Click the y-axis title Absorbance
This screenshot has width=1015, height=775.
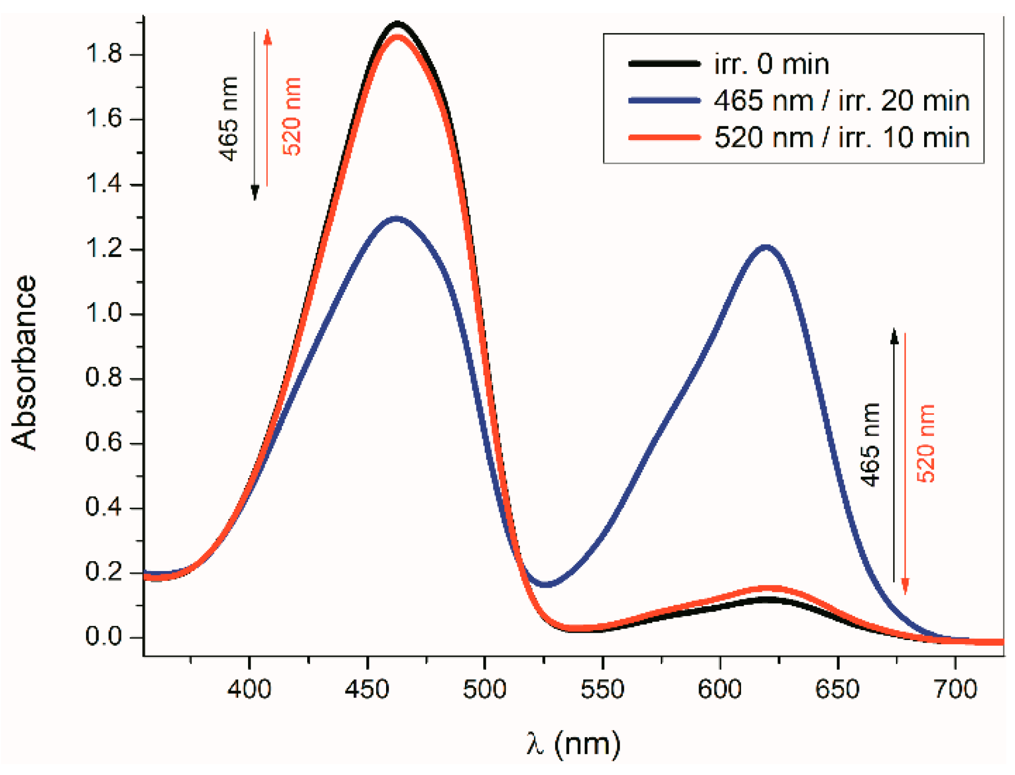coord(24,362)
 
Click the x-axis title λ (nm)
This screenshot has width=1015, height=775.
coord(573,743)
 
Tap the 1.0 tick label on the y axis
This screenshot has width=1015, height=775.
coord(103,313)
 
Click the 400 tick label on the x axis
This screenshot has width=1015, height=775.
coord(250,689)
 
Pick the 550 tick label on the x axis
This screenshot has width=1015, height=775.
coord(602,689)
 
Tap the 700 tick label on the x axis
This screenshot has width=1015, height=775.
coord(955,689)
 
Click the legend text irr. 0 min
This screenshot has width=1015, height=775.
coord(772,64)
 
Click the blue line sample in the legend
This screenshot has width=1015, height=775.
coord(664,100)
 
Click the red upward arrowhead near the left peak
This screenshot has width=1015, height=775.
coord(267,36)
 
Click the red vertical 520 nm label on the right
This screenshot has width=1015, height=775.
coord(925,444)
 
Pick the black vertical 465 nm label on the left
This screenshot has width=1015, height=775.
coord(228,119)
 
